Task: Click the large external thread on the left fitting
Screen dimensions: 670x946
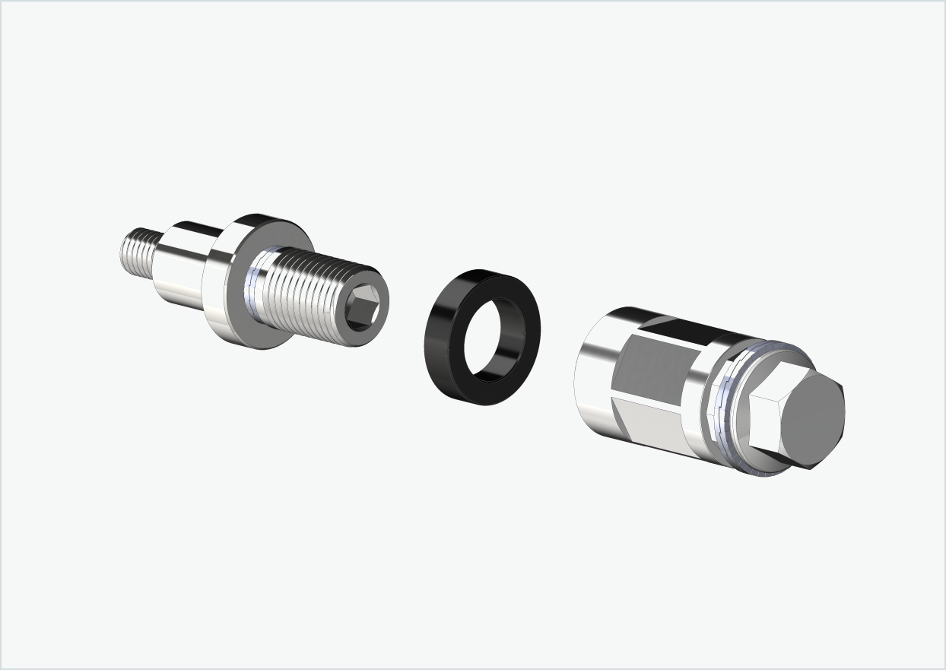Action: tap(304, 289)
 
